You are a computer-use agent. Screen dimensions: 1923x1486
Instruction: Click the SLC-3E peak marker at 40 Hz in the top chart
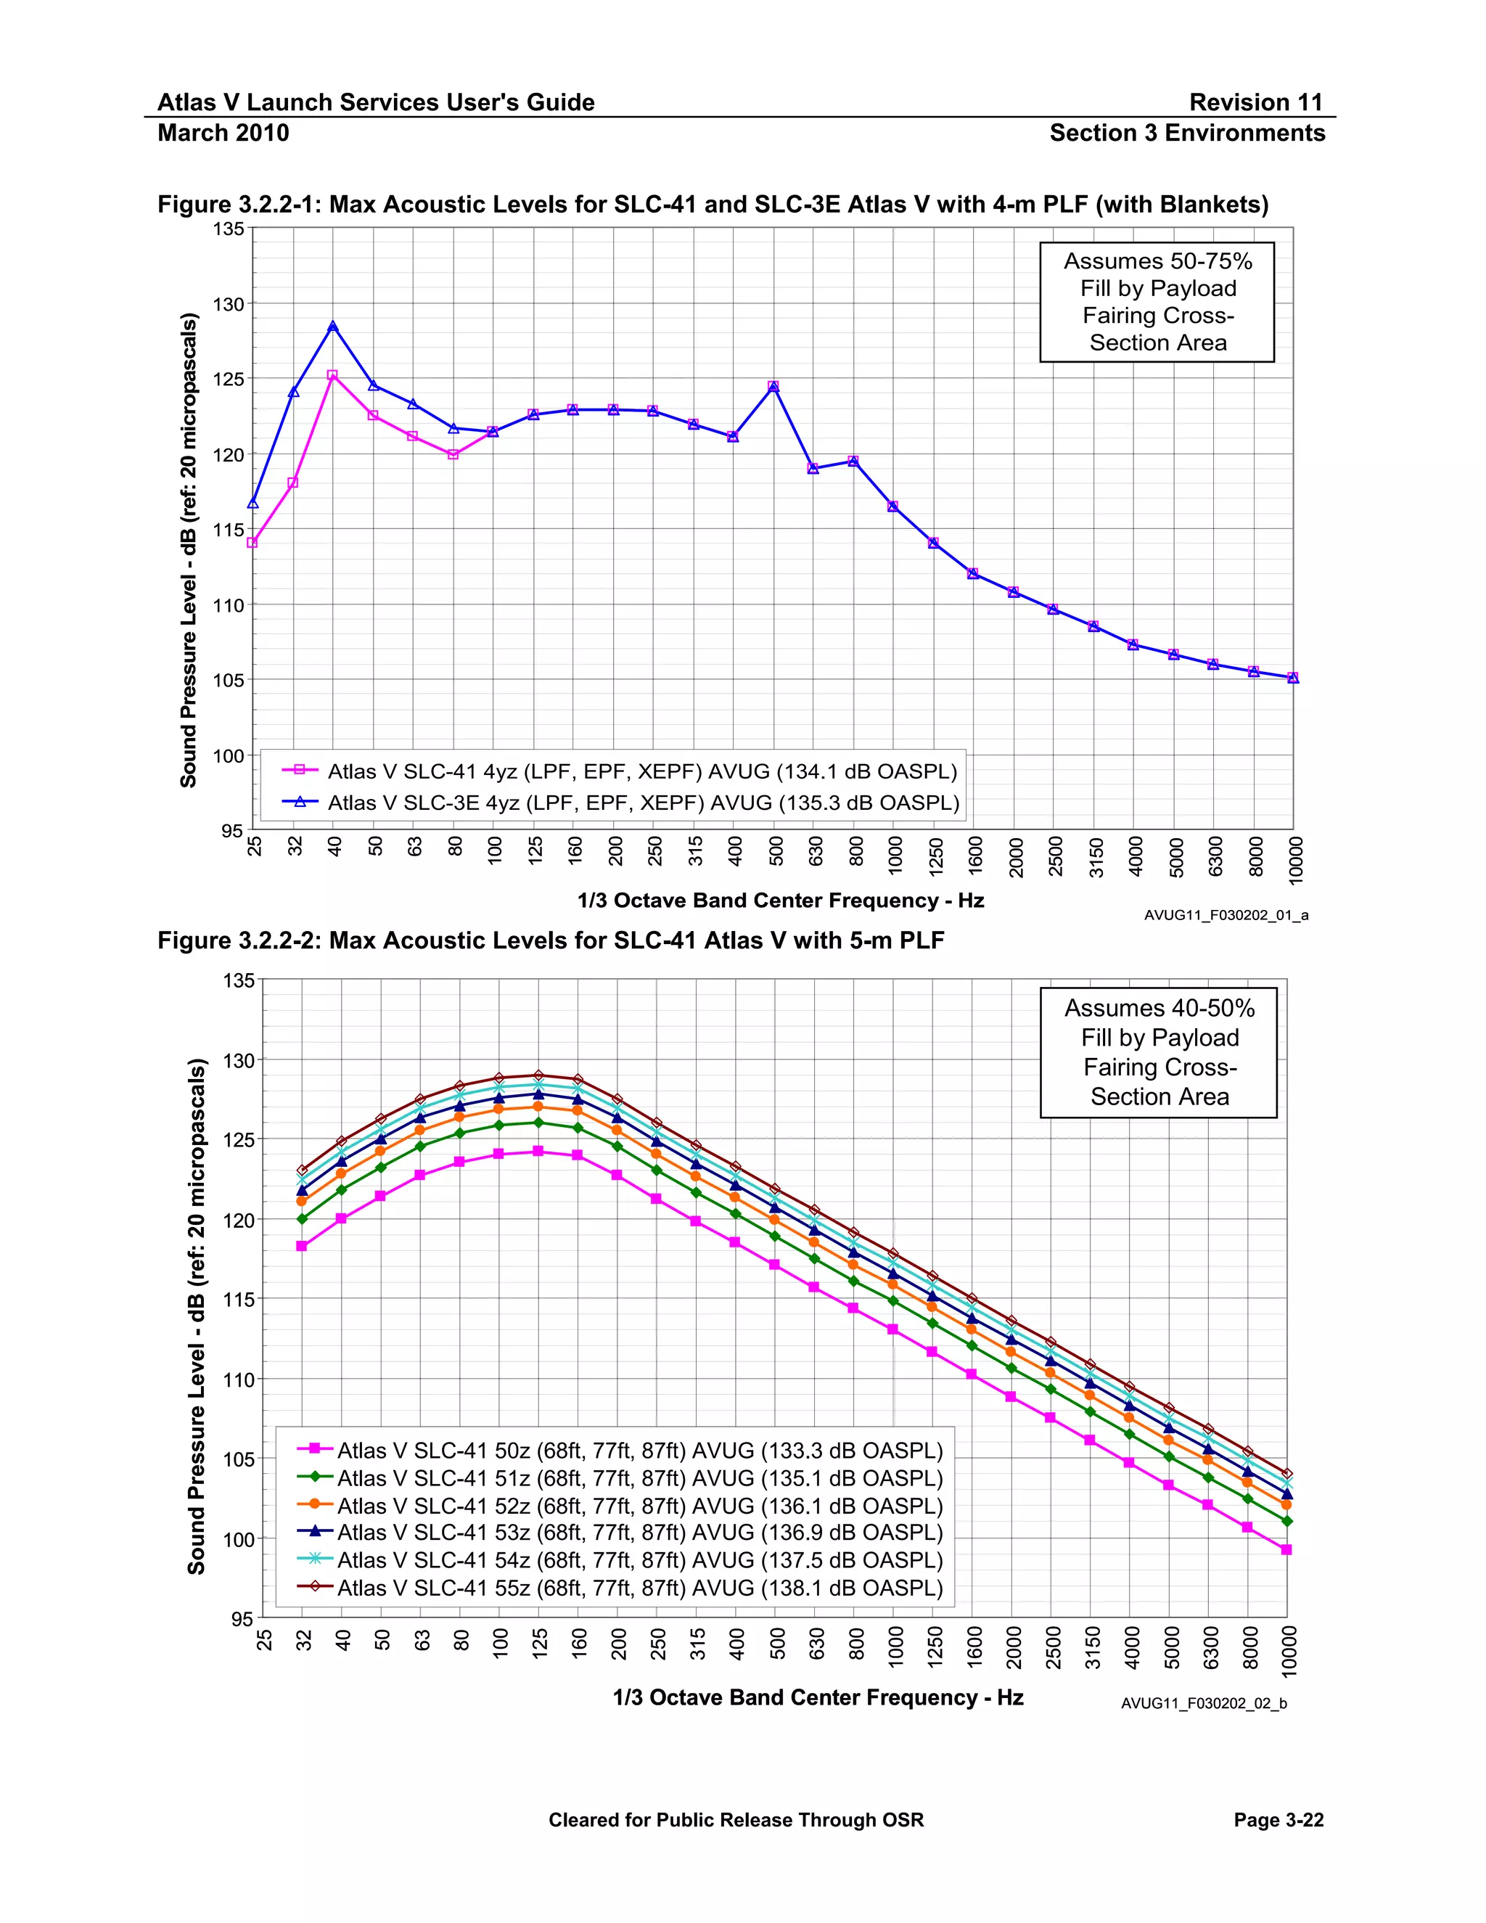333,326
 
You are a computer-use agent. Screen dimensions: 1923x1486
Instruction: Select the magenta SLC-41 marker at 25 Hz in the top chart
253,542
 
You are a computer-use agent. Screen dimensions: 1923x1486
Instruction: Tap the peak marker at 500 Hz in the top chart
773,387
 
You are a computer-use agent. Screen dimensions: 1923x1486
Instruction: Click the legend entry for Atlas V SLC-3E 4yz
643,803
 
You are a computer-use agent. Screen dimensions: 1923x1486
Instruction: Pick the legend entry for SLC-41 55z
639,1588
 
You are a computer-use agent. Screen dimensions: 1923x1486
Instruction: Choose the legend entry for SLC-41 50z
639,1450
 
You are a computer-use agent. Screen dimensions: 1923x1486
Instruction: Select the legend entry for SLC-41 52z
639,1506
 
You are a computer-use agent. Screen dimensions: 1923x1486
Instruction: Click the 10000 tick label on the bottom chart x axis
1289,1651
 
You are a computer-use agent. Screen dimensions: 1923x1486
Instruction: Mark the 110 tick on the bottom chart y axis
239,1379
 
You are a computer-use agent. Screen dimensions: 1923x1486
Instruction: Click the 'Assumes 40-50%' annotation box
1159,1052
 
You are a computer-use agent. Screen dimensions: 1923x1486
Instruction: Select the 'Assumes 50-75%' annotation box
1157,302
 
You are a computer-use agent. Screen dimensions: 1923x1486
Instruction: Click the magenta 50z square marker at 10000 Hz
1286,1550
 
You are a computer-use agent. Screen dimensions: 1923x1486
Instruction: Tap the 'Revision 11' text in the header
1255,102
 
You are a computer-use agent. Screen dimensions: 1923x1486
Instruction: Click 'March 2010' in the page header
223,133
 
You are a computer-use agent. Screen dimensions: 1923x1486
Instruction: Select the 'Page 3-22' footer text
1278,1820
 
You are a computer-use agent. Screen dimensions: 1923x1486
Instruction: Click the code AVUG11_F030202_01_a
1226,916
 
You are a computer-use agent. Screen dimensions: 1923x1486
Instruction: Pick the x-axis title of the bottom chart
818,1697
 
